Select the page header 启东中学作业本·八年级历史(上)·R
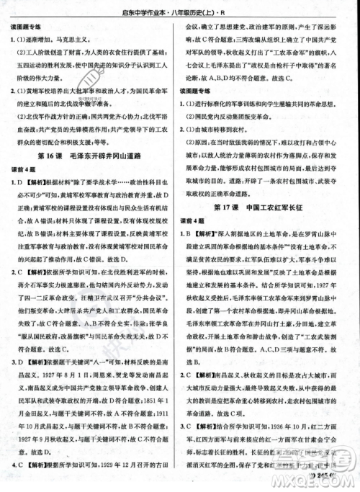coord(179,10)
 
